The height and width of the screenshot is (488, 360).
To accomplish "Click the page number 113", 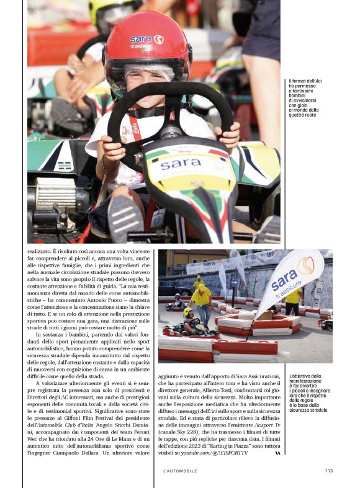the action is [x=328, y=470].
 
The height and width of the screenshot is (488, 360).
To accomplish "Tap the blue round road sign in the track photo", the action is [x=234, y=283].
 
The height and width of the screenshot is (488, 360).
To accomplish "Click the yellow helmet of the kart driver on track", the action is [x=187, y=312].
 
